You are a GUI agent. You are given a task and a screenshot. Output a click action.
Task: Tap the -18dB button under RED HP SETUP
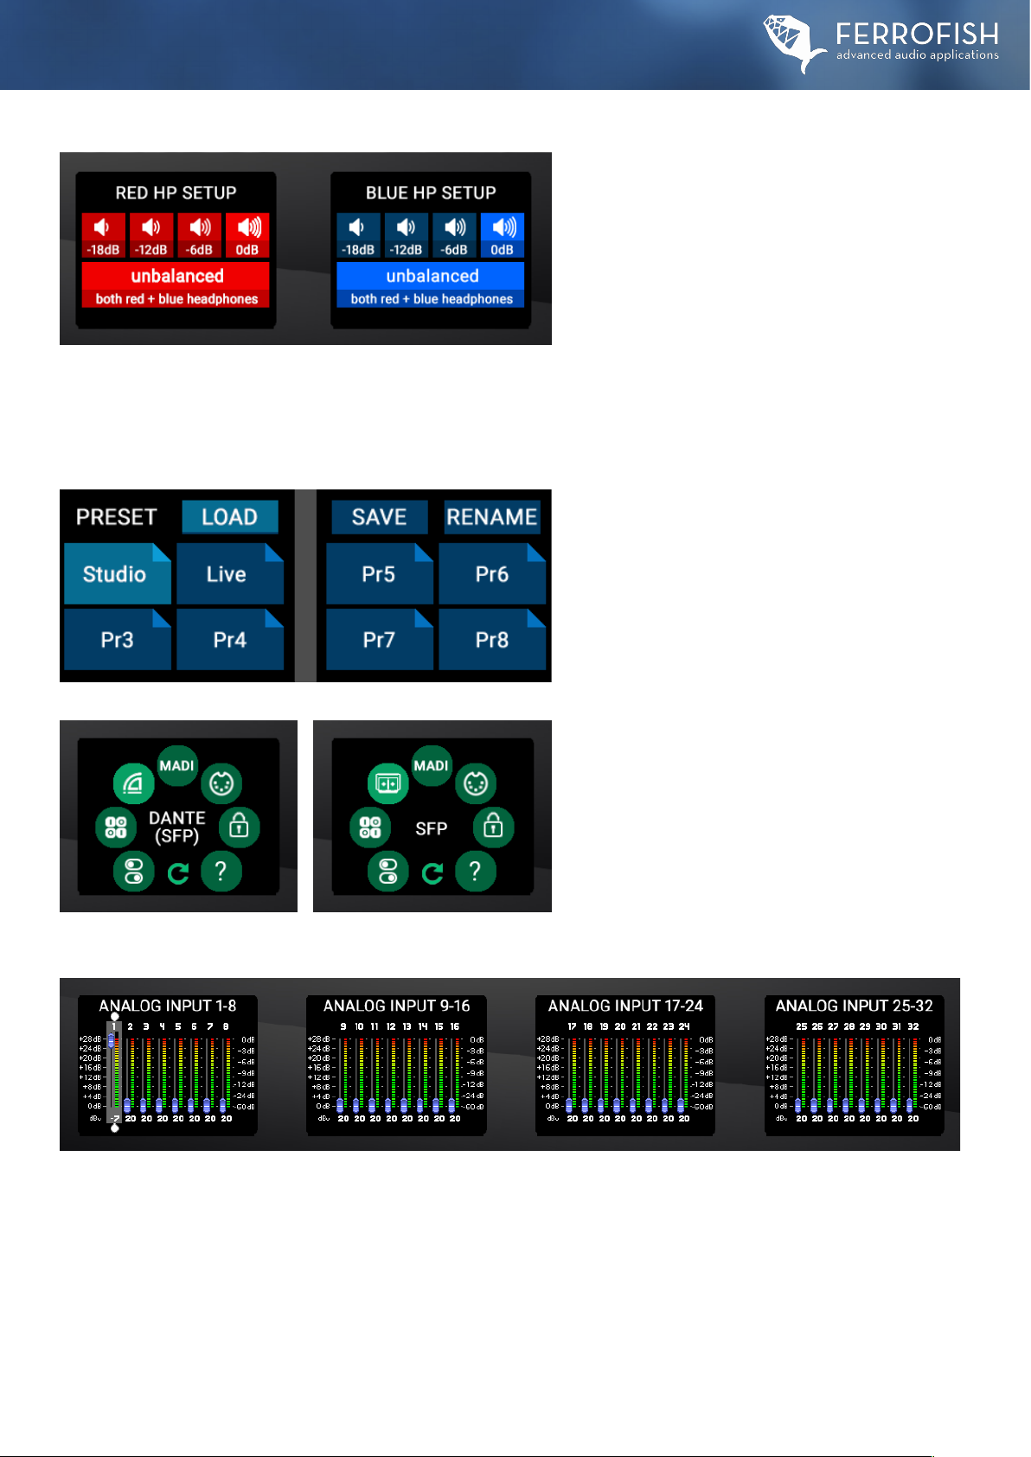tap(103, 235)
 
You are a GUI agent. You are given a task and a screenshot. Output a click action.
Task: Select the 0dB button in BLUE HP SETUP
tap(503, 235)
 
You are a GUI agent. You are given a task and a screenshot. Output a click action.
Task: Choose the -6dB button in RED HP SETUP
tap(200, 235)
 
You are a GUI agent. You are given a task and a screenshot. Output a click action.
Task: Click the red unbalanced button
tap(176, 284)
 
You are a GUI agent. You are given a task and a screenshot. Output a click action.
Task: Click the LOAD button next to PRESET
tap(229, 517)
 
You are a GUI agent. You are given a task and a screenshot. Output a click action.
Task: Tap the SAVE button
tap(379, 517)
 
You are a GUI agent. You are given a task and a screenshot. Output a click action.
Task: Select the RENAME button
tap(492, 517)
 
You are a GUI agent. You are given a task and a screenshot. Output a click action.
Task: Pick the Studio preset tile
tap(116, 574)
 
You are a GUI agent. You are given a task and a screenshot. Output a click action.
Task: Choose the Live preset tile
tap(228, 574)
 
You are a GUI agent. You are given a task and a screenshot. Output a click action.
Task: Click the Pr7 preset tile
tap(379, 640)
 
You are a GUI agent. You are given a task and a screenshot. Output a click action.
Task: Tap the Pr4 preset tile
tap(229, 640)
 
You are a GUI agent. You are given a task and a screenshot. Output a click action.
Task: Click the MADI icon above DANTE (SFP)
tap(177, 766)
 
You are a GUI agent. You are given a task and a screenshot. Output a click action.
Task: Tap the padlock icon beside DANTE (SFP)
tap(239, 828)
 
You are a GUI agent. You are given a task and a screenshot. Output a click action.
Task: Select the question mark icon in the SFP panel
tap(475, 872)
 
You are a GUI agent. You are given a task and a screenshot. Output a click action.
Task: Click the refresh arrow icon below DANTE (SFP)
tap(178, 873)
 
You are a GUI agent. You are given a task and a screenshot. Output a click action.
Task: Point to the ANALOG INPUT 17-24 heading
tap(625, 1006)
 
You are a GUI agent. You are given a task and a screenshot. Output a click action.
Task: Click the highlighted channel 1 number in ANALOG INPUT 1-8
tap(113, 1027)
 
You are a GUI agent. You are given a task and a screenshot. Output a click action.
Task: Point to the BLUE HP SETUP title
tap(431, 193)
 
